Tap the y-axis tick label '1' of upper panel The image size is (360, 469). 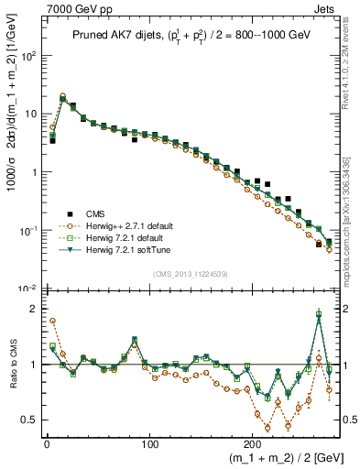point(30,171)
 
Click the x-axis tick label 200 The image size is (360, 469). point(251,440)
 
